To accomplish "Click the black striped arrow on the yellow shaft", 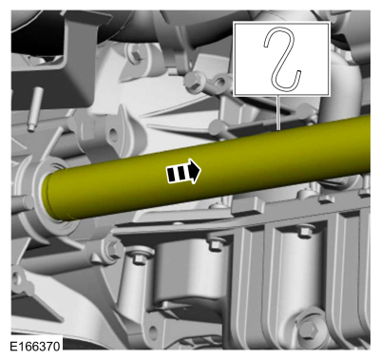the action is click(x=183, y=171).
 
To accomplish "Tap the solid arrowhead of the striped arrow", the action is click(x=195, y=171).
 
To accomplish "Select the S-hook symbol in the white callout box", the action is click(x=282, y=59).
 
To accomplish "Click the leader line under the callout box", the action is click(x=278, y=113).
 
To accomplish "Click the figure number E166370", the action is click(x=35, y=346).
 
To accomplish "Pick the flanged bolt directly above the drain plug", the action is click(x=304, y=231).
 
